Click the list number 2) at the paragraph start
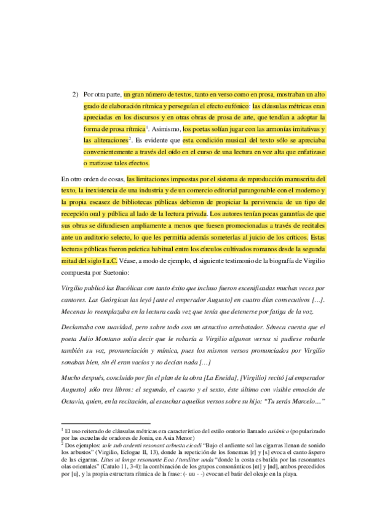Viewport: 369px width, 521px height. point(76,95)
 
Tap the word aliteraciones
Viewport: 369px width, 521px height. point(101,140)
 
